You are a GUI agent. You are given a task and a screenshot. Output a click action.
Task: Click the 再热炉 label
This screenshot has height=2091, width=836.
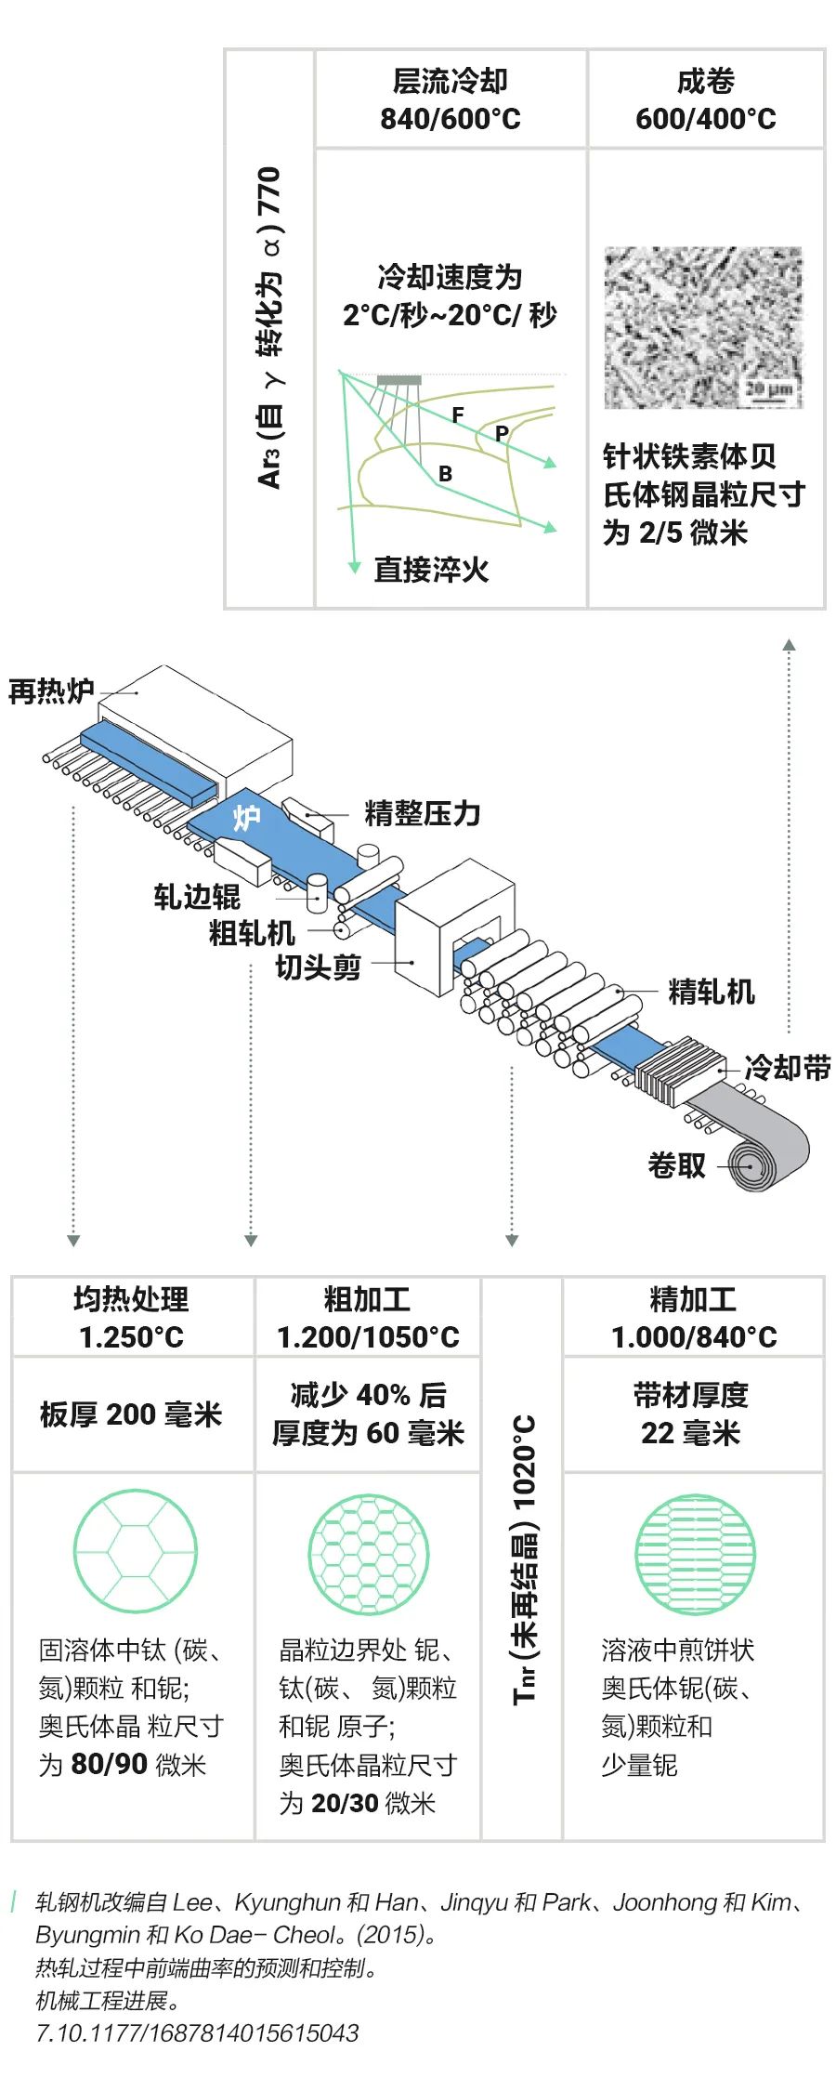click(x=51, y=691)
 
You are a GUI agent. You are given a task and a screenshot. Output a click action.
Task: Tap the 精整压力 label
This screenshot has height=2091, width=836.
click(x=422, y=813)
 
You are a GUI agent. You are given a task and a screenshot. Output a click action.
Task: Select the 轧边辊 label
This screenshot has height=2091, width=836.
click(x=197, y=897)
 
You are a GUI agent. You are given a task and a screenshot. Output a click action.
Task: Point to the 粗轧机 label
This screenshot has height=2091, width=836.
click(x=251, y=932)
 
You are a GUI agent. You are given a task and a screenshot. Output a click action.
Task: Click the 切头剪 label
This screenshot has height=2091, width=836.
click(x=318, y=967)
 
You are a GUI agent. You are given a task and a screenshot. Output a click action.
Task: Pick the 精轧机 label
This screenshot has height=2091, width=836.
click(x=712, y=992)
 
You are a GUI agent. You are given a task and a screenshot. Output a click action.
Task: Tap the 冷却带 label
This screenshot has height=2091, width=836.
click(x=787, y=1068)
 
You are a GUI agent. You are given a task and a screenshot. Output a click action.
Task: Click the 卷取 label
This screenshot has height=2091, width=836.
click(x=676, y=1164)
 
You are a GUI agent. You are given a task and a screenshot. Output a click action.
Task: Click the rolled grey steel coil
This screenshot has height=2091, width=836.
click(x=762, y=1157)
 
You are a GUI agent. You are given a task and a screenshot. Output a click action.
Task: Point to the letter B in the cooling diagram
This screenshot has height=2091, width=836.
click(x=446, y=474)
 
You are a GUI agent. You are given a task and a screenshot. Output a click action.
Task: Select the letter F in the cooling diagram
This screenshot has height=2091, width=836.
click(x=458, y=415)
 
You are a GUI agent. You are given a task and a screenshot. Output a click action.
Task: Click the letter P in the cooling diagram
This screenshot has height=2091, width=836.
click(x=502, y=433)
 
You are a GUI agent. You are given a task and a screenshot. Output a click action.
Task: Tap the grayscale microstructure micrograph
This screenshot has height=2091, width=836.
click(x=702, y=327)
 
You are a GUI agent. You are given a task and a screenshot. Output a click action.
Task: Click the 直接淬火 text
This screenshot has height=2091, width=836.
click(x=431, y=570)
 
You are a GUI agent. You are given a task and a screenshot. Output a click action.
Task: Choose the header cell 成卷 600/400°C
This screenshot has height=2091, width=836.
click(x=705, y=99)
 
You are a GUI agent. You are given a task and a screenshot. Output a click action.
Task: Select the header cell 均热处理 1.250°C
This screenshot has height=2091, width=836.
click(x=131, y=1317)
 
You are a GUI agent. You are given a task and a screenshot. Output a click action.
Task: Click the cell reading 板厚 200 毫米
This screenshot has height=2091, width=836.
click(x=131, y=1414)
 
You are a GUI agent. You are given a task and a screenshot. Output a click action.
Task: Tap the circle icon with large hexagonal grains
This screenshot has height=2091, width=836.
click(x=135, y=1551)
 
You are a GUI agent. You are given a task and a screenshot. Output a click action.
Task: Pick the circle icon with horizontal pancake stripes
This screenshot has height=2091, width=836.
click(x=694, y=1555)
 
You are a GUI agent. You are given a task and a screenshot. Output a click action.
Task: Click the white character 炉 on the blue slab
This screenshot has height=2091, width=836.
click(x=246, y=818)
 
